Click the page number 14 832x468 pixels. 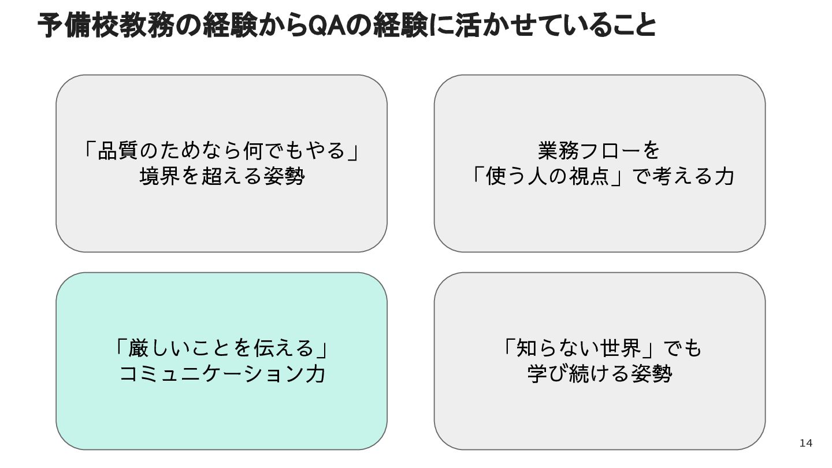tap(805, 443)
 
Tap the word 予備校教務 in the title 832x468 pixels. tap(107, 26)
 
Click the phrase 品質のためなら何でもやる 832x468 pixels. tap(221, 151)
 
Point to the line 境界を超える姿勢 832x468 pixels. tap(221, 176)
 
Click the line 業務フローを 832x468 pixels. tap(599, 151)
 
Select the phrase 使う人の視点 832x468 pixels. tap(548, 176)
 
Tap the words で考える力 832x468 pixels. tap(684, 176)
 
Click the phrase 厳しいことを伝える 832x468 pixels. tap(221, 348)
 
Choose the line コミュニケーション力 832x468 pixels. tap(221, 374)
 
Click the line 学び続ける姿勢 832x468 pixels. tap(599, 374)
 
